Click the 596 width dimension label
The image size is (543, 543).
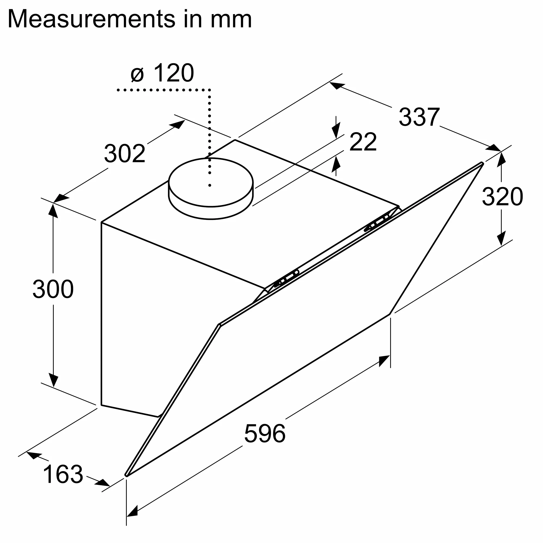click(264, 433)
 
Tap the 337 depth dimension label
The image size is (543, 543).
click(419, 117)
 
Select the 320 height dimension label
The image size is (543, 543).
click(502, 197)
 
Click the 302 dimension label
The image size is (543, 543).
click(125, 153)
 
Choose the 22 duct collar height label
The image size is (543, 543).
click(362, 142)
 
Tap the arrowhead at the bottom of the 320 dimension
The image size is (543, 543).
click(501, 239)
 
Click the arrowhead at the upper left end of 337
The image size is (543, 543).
click(336, 85)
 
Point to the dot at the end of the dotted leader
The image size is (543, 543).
click(210, 185)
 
